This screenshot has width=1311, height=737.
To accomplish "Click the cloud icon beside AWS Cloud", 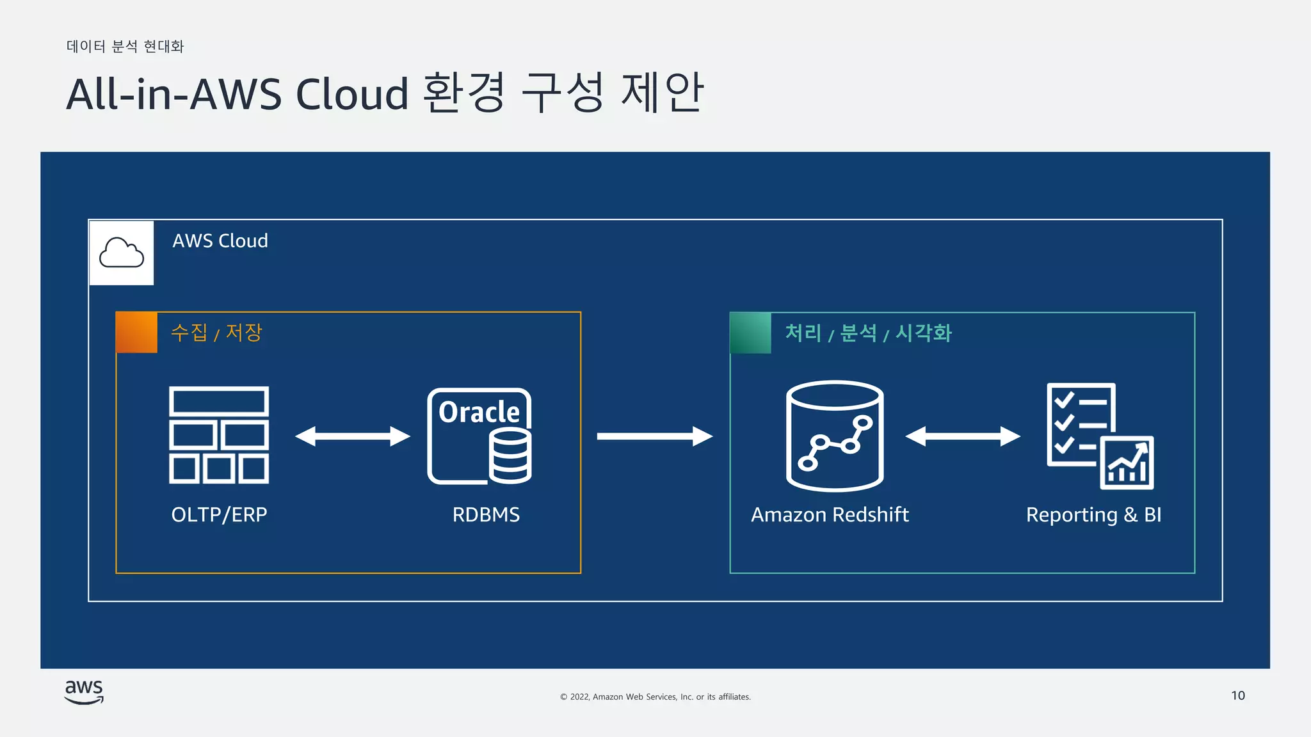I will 122,253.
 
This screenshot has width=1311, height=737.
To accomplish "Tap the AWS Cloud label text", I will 220,241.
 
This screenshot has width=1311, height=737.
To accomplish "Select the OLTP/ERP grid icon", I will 219,435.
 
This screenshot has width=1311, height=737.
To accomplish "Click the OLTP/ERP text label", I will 219,514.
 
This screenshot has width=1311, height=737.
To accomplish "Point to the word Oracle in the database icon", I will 479,412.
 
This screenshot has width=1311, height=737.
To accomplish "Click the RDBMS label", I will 486,514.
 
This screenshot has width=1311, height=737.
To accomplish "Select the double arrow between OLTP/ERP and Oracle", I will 352,436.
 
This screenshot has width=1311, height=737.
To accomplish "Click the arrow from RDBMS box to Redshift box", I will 654,436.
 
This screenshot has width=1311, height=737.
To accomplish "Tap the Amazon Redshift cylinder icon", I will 835,436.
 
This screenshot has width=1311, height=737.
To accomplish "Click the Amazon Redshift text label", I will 830,514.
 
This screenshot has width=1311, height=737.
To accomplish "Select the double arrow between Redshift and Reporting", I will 962,436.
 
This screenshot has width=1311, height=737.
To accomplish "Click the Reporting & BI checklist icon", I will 1100,436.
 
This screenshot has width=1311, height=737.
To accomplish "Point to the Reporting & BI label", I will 1093,514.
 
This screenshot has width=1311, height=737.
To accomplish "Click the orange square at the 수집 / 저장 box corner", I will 136,333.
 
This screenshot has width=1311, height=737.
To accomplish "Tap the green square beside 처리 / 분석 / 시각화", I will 751,333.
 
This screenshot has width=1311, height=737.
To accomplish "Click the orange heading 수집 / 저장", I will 216,333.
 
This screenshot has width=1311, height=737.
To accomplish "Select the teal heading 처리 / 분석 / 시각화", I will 868,333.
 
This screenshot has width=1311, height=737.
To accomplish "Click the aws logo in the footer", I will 84,692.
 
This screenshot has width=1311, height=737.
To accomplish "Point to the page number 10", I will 1237,695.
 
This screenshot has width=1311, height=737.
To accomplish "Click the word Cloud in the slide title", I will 351,94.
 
